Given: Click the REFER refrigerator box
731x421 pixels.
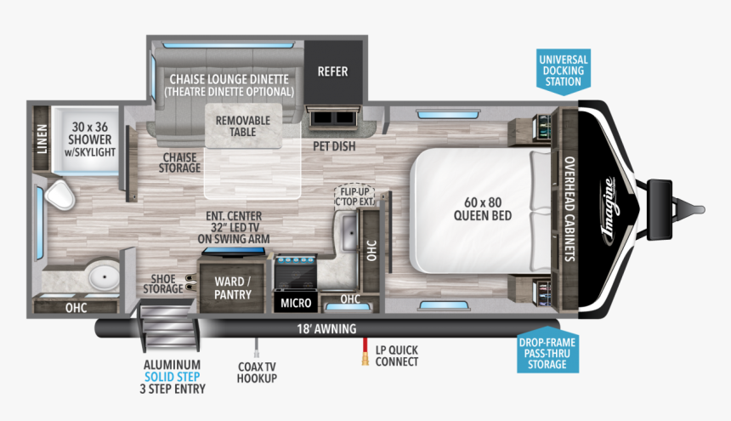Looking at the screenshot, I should pyautogui.click(x=332, y=71).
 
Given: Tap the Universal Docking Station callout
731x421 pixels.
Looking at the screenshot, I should pyautogui.click(x=563, y=70).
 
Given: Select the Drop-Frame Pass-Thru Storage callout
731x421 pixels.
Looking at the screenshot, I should pyautogui.click(x=548, y=354).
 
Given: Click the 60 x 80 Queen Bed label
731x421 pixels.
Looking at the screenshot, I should pyautogui.click(x=488, y=209).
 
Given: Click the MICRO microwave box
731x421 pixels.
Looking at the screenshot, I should pyautogui.click(x=295, y=302).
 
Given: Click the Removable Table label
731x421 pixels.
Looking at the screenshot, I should pyautogui.click(x=242, y=126).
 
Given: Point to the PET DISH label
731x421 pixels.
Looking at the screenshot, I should pyautogui.click(x=334, y=145).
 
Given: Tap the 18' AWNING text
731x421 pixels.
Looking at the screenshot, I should pyautogui.click(x=326, y=328).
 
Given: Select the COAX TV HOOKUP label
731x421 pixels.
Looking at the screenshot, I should pyautogui.click(x=257, y=373).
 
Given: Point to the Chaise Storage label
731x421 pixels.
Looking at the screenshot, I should pyautogui.click(x=180, y=162).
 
